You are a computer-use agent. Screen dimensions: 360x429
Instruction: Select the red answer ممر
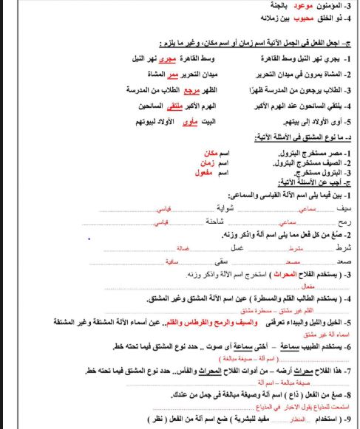171,75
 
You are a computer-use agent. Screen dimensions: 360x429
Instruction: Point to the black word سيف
348,209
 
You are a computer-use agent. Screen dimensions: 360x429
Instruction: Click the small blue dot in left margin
89,239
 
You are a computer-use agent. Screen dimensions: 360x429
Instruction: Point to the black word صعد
348,262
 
